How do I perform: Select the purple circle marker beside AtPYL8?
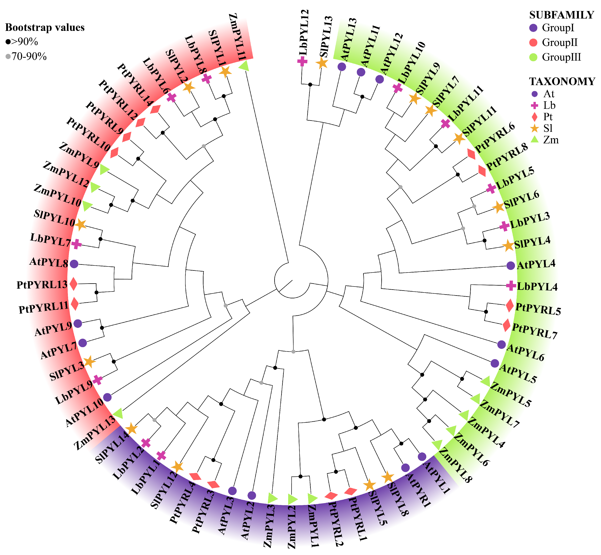[74, 264]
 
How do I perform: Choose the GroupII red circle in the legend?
[533, 42]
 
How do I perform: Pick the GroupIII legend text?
[561, 57]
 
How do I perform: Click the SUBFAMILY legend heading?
[561, 15]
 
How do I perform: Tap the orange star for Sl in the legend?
[534, 128]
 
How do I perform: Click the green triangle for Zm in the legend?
[534, 140]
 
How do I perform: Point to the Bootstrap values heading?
[45, 28]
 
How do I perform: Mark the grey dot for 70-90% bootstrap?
[8, 57]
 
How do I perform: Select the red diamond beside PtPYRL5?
[509, 306]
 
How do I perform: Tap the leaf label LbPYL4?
[537, 287]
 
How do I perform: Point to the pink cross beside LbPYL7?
[76, 244]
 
